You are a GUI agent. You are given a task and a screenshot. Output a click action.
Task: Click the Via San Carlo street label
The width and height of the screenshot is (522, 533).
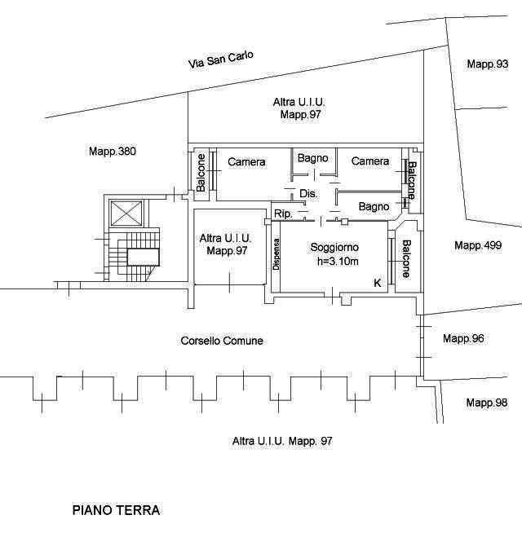click(x=221, y=59)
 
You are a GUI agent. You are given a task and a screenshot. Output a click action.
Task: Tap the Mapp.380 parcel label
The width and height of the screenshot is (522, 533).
click(x=113, y=152)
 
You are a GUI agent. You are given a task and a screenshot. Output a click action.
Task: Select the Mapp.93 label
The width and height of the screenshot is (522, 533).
click(x=488, y=64)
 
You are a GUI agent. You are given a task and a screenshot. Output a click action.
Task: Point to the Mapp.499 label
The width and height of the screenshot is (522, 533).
click(x=478, y=245)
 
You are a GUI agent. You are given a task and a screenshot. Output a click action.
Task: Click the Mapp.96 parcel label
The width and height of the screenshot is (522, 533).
click(x=463, y=338)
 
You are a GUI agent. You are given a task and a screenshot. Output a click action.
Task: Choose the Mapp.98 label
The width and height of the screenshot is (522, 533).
click(x=487, y=403)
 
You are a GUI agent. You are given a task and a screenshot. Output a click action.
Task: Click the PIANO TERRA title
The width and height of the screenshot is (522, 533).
click(x=116, y=510)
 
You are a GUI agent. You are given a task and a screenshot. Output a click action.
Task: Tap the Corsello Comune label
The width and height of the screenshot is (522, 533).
click(x=222, y=341)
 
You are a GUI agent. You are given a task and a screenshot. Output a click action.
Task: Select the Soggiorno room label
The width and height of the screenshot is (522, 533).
click(x=334, y=247)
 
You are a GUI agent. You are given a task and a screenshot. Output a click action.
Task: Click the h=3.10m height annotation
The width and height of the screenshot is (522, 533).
click(x=338, y=261)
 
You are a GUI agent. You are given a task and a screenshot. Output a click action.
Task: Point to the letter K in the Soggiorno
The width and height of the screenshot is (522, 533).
click(x=378, y=283)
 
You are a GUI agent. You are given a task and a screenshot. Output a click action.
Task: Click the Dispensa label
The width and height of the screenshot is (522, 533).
click(x=276, y=254)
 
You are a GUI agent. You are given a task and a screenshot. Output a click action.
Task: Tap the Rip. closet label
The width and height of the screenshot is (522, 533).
click(x=283, y=214)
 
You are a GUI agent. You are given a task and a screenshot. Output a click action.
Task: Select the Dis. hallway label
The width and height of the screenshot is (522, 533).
click(x=308, y=194)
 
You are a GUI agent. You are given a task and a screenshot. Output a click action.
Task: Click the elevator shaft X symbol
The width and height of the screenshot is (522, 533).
click(x=126, y=214)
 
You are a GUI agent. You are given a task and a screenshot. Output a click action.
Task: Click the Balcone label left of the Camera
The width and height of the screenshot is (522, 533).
click(x=201, y=173)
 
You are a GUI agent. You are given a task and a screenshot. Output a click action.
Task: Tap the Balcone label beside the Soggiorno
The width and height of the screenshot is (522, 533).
click(x=407, y=258)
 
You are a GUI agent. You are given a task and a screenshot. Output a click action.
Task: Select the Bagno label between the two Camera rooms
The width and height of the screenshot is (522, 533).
click(x=312, y=158)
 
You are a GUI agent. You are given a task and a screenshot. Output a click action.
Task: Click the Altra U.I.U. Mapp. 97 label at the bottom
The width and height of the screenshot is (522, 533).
click(x=282, y=441)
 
